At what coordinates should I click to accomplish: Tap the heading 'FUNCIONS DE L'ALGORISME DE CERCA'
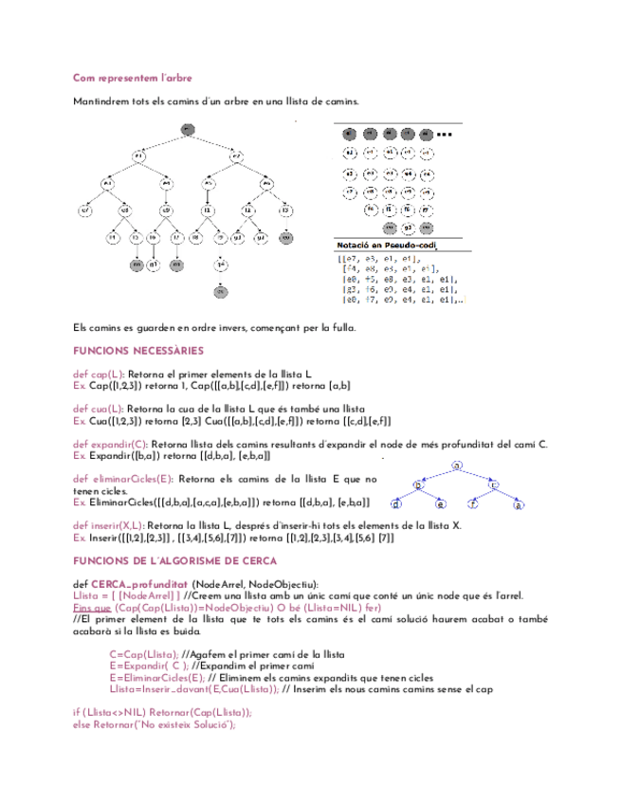point(174,560)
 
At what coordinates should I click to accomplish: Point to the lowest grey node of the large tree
point(221,291)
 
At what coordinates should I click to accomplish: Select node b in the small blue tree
point(418,484)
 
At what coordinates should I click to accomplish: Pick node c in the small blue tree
point(496,484)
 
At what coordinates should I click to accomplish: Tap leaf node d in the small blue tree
point(396,505)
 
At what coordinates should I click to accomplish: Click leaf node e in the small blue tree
point(440,505)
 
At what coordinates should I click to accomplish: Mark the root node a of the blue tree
point(458,466)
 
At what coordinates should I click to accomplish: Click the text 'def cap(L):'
point(99,375)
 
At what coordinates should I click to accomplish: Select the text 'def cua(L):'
point(99,409)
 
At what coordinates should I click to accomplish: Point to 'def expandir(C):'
point(110,444)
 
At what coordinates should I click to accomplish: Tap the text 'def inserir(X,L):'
point(109,524)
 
